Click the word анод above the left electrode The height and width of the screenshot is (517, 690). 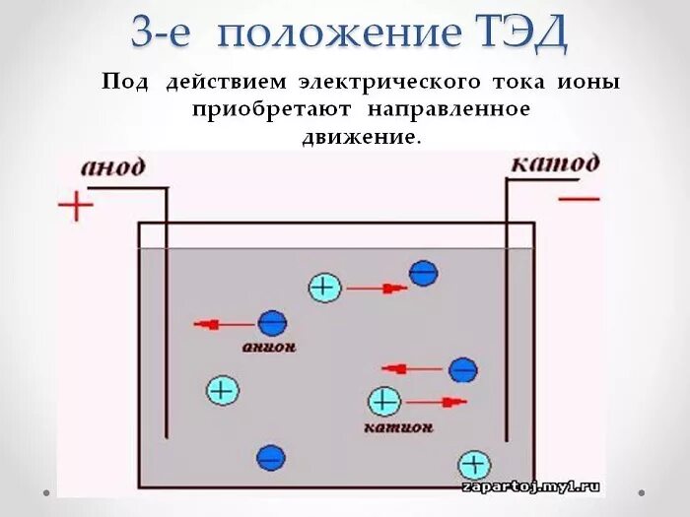(112, 166)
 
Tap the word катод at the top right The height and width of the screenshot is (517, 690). (554, 162)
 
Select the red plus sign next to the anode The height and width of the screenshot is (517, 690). (76, 207)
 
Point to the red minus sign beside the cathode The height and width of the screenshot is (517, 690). (580, 199)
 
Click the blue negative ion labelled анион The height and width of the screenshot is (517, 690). (271, 322)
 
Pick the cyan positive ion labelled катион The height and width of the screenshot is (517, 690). (383, 401)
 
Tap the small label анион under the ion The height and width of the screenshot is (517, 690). (269, 348)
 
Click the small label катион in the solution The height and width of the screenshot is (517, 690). (398, 428)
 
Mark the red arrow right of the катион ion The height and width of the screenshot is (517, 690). (437, 401)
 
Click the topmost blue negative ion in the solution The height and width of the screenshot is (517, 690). (424, 273)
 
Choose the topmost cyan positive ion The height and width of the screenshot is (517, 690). (324, 288)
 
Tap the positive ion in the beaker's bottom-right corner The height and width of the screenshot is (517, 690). (474, 465)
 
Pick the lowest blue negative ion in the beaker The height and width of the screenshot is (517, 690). (270, 457)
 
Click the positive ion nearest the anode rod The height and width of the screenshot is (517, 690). (223, 390)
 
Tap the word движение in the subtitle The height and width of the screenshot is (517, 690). (361, 137)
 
